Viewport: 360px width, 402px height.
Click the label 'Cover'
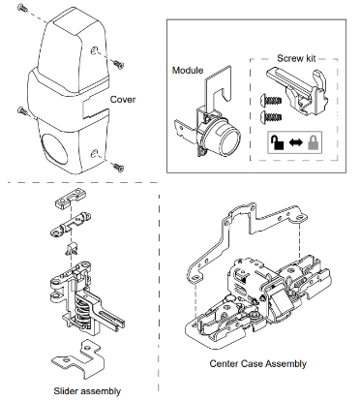tap(123, 98)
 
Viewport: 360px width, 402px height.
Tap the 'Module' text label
tap(187, 71)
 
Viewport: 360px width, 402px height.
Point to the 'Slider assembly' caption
tap(89, 390)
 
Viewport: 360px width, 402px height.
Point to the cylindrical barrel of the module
tap(227, 140)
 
